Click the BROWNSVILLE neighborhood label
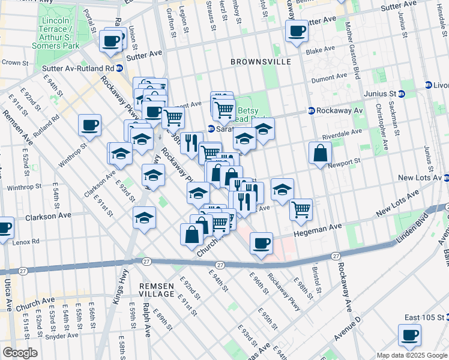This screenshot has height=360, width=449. [261, 61]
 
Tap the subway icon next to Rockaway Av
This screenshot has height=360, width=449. [312, 110]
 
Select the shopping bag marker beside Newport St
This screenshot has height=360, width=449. [321, 153]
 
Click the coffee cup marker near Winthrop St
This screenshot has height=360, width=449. [89, 125]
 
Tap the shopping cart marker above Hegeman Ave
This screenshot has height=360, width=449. [301, 209]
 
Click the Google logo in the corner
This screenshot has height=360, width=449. [20, 353]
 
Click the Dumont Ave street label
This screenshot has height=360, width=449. [329, 77]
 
